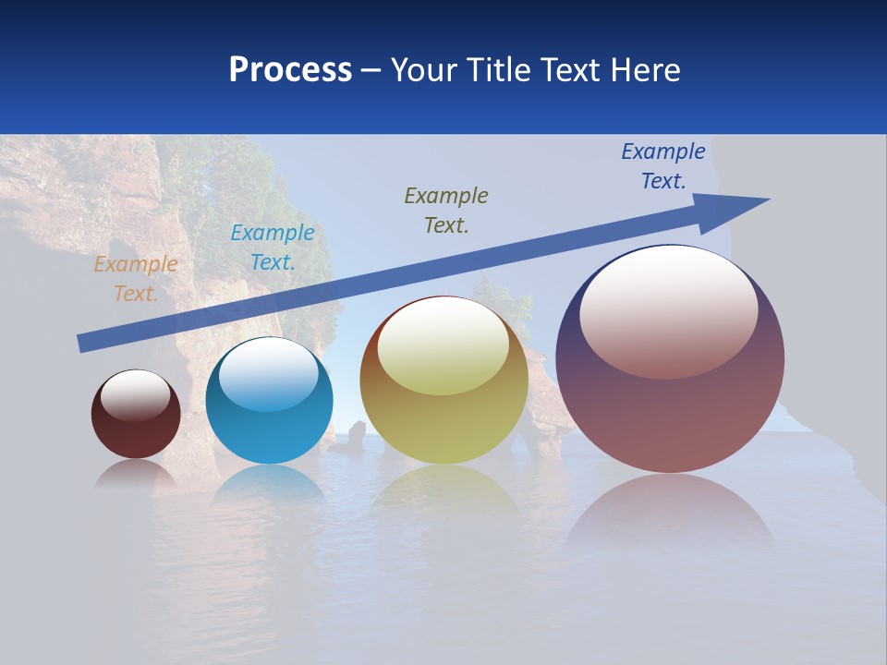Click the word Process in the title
tap(290, 70)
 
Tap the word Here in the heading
tap(644, 70)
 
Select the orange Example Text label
tap(135, 279)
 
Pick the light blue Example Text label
tap(272, 248)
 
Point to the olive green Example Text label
tap(446, 210)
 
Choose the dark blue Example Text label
tap(662, 165)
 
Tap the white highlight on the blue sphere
tap(268, 374)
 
